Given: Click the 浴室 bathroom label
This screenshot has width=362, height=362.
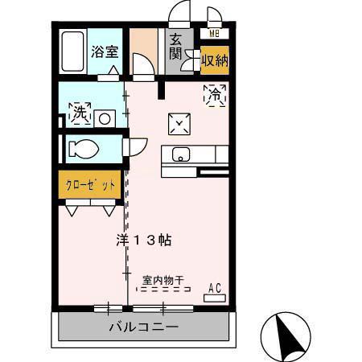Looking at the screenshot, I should click(105, 52).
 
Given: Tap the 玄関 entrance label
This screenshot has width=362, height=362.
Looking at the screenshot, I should click(175, 50).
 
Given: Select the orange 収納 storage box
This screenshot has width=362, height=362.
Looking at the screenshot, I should click(214, 60).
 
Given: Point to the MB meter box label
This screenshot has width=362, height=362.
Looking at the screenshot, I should click(214, 34).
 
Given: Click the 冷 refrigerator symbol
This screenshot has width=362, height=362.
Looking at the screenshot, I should click(216, 95).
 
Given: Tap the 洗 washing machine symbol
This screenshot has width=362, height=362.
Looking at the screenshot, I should click(79, 113).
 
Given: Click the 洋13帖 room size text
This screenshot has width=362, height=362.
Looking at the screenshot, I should click(142, 240).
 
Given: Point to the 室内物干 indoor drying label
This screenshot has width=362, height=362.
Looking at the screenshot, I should click(163, 279).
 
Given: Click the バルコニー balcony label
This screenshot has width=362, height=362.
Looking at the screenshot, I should click(144, 328).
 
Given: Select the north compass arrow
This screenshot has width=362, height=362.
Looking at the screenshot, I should click(287, 332).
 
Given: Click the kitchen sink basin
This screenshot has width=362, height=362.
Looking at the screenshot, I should click(179, 154).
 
